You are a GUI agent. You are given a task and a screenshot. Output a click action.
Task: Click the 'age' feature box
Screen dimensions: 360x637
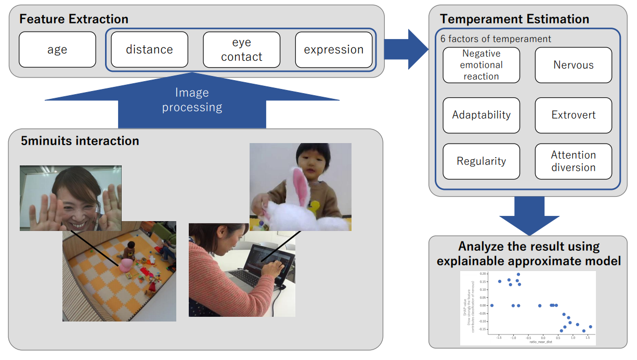(57, 50)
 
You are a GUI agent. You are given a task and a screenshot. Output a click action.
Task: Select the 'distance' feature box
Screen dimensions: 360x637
(149, 50)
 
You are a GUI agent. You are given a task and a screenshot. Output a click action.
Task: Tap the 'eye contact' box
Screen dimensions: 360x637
(241, 50)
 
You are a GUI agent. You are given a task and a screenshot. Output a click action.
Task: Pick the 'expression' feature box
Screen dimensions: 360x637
(333, 50)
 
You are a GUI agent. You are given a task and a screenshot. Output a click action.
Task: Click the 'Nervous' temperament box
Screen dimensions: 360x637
(573, 65)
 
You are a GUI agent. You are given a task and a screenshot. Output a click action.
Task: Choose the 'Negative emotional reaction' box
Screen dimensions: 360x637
(481, 65)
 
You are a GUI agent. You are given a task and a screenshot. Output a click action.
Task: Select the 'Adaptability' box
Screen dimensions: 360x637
(481, 115)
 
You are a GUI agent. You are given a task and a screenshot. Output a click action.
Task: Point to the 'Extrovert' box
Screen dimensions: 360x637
(573, 115)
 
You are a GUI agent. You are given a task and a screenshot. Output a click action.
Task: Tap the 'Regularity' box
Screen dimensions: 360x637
(481, 161)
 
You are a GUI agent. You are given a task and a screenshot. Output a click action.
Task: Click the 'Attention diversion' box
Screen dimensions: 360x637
(573, 161)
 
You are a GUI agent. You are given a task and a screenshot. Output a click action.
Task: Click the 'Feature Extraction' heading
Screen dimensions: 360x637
(74, 19)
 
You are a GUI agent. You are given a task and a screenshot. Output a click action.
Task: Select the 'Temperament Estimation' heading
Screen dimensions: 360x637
(514, 19)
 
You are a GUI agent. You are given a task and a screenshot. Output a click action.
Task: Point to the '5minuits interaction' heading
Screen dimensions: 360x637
(80, 141)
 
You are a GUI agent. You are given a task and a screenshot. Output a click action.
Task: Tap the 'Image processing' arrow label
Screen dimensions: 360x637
(192, 100)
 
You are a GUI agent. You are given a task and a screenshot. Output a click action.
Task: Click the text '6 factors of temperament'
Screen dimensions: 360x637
(496, 39)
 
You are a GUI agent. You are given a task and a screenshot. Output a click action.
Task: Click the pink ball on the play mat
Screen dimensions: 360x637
(126, 266)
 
